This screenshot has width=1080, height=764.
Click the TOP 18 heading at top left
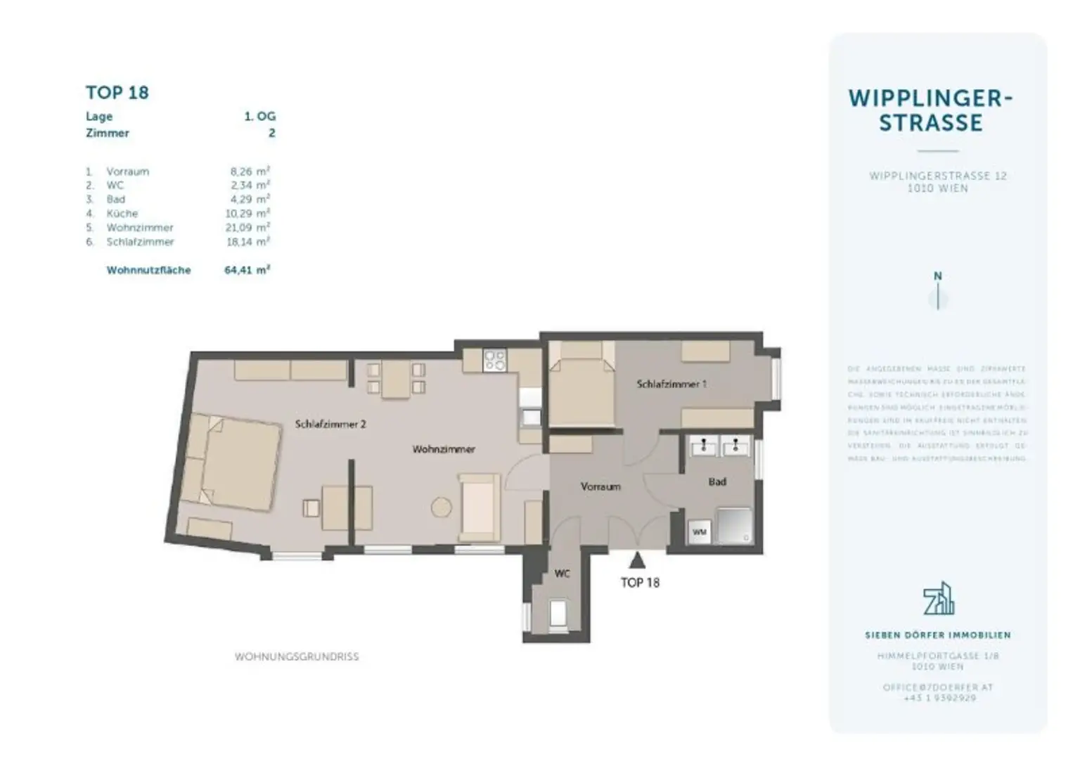tap(117, 93)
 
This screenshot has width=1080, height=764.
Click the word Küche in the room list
tap(122, 214)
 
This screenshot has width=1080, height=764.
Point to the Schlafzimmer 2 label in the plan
tap(330, 425)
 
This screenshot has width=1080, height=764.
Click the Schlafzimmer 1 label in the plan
tap(671, 384)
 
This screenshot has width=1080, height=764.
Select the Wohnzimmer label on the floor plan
tap(444, 449)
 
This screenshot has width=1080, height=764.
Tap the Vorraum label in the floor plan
tap(600, 486)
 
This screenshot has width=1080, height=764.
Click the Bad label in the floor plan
tap(717, 482)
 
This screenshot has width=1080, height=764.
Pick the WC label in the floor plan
tap(562, 574)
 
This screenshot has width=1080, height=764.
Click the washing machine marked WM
tap(699, 532)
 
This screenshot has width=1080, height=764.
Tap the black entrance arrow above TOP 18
tap(637, 560)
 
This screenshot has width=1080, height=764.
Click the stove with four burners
tap(495, 361)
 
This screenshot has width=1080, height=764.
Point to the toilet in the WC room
tap(558, 613)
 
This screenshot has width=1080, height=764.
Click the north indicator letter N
tap(937, 277)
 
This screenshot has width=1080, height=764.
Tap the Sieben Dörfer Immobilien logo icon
tap(938, 599)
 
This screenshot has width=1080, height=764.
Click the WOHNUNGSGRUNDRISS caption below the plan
tap(297, 657)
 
